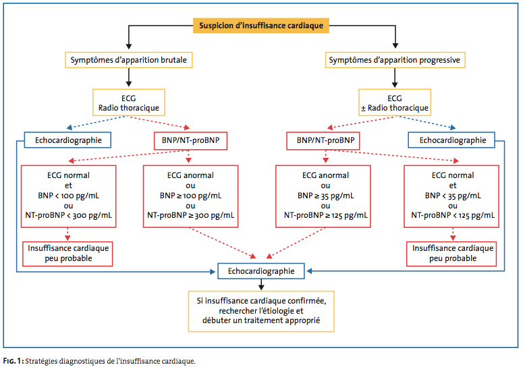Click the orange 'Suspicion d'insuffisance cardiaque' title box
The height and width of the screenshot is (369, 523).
pos(261,26)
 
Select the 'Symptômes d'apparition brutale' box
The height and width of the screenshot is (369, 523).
pos(129,60)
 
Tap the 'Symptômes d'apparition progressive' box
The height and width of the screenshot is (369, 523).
pos(395,60)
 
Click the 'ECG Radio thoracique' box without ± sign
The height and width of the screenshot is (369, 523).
pos(129,103)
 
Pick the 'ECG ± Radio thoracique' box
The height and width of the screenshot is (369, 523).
pos(395,103)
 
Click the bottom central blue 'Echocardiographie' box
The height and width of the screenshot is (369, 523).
pos(261,271)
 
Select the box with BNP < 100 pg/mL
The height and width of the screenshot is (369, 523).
pos(68,196)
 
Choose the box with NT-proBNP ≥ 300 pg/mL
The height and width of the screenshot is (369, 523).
pos(190,196)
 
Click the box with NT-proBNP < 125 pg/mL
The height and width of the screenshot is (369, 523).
pos(451,196)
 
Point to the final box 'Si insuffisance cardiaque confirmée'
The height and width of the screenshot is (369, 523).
pos(261,311)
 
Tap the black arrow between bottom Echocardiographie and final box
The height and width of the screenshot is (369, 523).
pos(261,284)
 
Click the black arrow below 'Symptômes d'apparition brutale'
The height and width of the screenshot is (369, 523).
pos(129,78)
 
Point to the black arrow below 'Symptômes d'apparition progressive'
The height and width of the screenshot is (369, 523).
pos(395,78)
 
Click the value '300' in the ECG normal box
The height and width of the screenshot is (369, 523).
pos(79,215)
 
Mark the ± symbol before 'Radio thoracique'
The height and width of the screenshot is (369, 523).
pos(363,109)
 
